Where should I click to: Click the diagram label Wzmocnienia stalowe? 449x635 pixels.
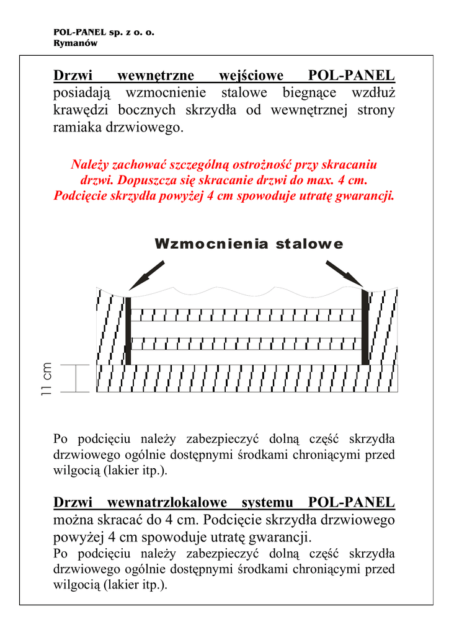[x=248, y=244]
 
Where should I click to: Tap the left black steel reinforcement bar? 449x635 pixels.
[x=128, y=330]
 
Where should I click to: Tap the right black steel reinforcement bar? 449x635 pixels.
[x=365, y=329]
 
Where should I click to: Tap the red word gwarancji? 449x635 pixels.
[x=366, y=196]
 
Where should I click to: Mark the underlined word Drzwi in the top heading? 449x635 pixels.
[x=73, y=76]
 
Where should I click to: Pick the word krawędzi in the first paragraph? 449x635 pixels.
[x=82, y=111]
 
